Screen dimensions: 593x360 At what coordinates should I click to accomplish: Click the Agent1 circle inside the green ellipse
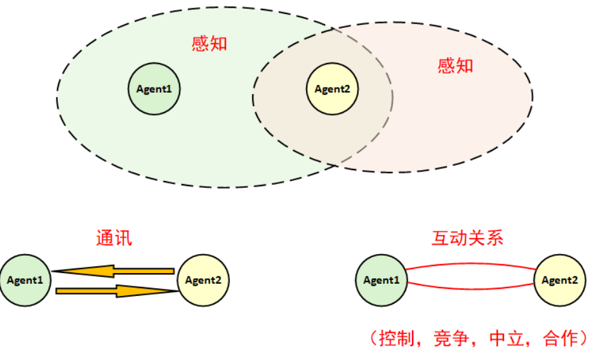[x=154, y=89]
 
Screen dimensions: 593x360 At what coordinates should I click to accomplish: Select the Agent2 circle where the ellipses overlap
[x=332, y=89]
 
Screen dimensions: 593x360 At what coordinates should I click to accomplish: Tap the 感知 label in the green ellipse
[x=209, y=43]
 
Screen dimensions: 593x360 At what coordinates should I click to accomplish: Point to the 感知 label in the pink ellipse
[x=455, y=66]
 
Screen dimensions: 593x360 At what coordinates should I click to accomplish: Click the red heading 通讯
[x=114, y=238]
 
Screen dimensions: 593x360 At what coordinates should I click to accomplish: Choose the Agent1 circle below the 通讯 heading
[x=25, y=280]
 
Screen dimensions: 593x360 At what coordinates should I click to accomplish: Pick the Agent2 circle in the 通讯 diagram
[x=203, y=280]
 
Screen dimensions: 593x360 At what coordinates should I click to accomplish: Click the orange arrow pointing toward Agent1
[x=113, y=271]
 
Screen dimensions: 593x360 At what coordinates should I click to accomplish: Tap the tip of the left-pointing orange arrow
[x=52, y=271]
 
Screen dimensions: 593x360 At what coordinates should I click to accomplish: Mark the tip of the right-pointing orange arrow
[x=178, y=291]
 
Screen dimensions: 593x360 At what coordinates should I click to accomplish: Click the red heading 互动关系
[x=467, y=238]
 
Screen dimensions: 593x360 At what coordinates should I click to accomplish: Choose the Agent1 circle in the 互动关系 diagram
[x=382, y=280]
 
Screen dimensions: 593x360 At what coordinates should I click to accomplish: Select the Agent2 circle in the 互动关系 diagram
[x=560, y=280]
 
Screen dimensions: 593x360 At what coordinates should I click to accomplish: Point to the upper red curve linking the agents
[x=471, y=263]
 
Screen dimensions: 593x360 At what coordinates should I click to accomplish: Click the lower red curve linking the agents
[x=471, y=290]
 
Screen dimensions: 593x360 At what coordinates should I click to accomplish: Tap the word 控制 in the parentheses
[x=397, y=338]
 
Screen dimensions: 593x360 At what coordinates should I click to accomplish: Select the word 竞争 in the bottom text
[x=451, y=338]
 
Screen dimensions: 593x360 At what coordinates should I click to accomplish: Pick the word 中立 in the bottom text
[x=507, y=338]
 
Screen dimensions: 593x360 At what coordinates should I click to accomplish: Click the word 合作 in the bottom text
[x=561, y=338]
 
